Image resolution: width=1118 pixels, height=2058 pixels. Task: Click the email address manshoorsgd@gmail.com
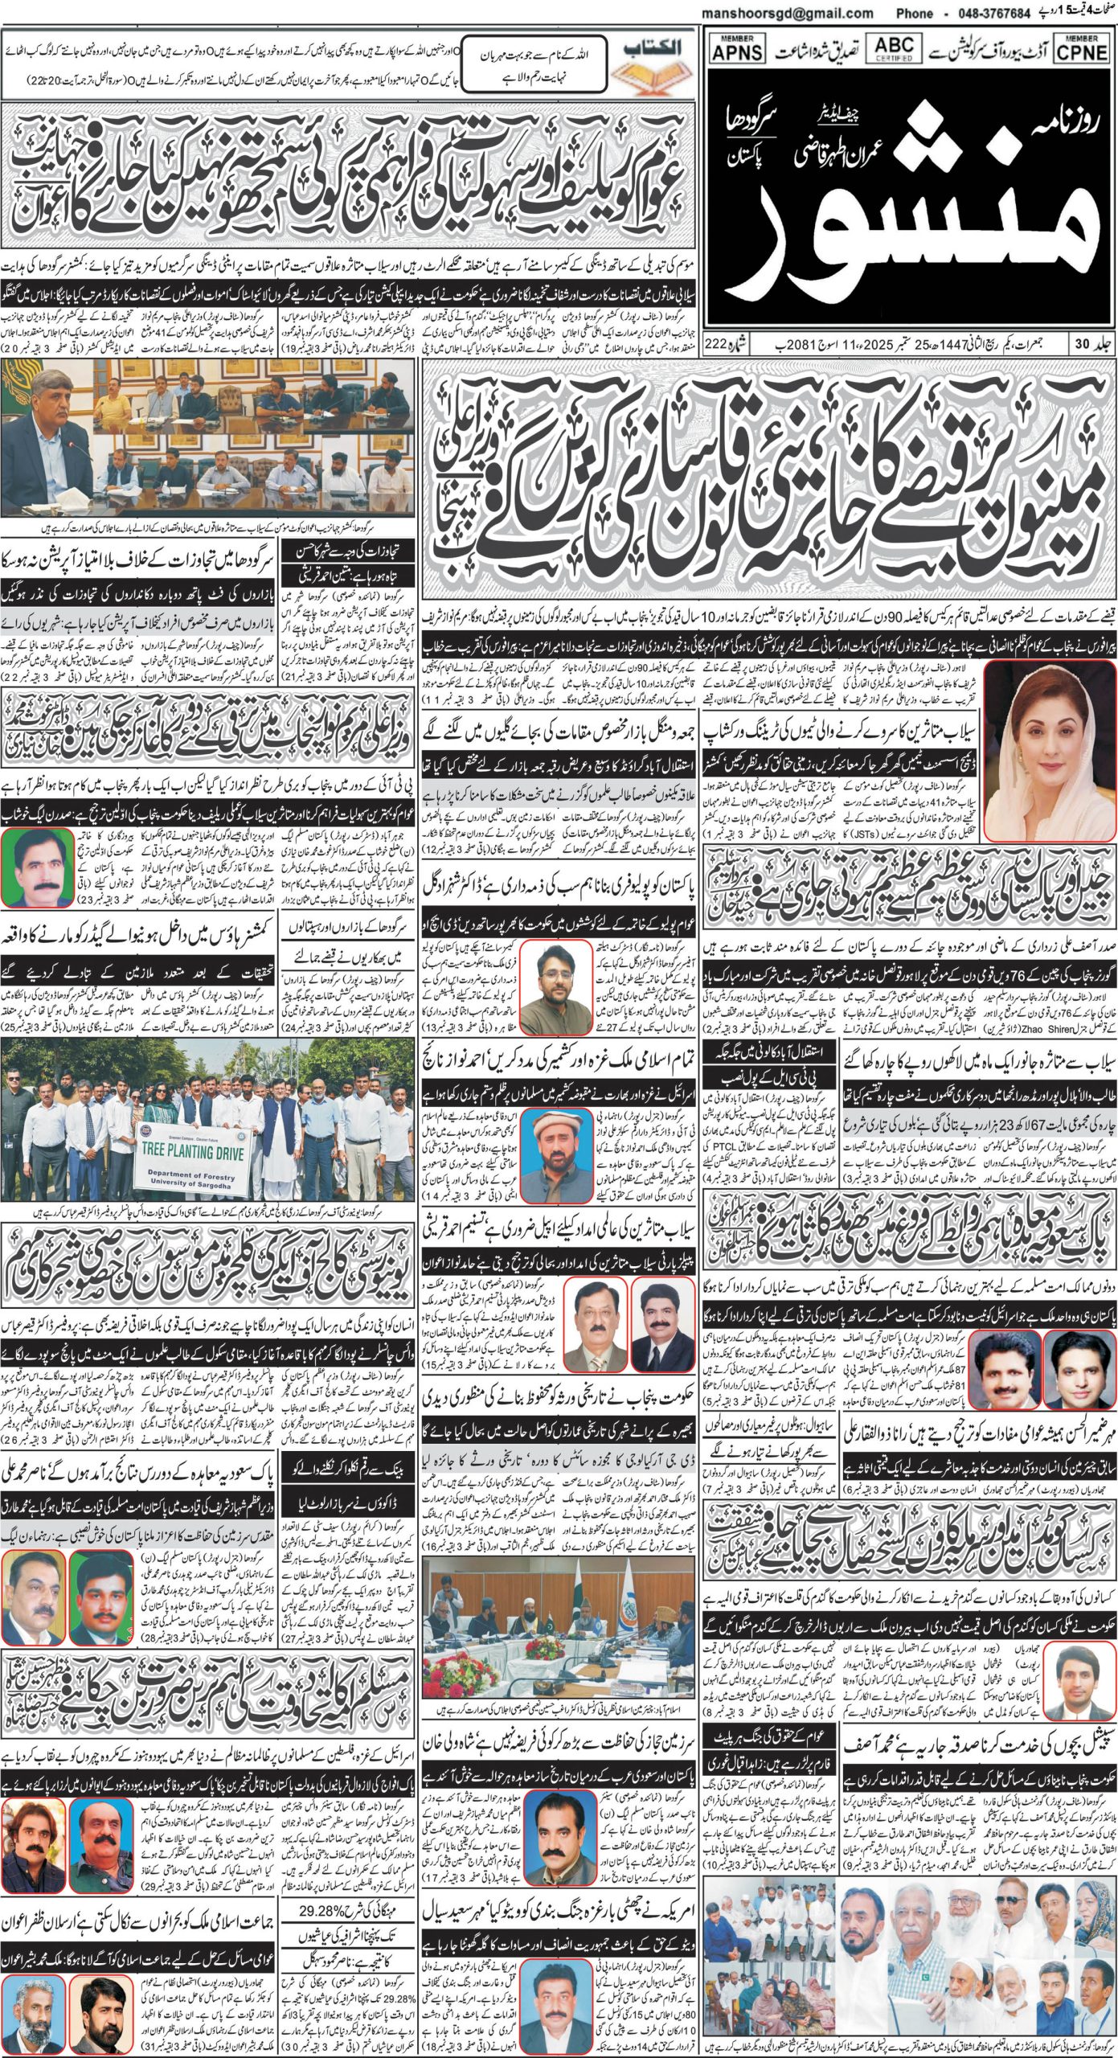(x=787, y=14)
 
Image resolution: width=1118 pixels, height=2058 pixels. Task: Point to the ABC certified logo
(x=894, y=47)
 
